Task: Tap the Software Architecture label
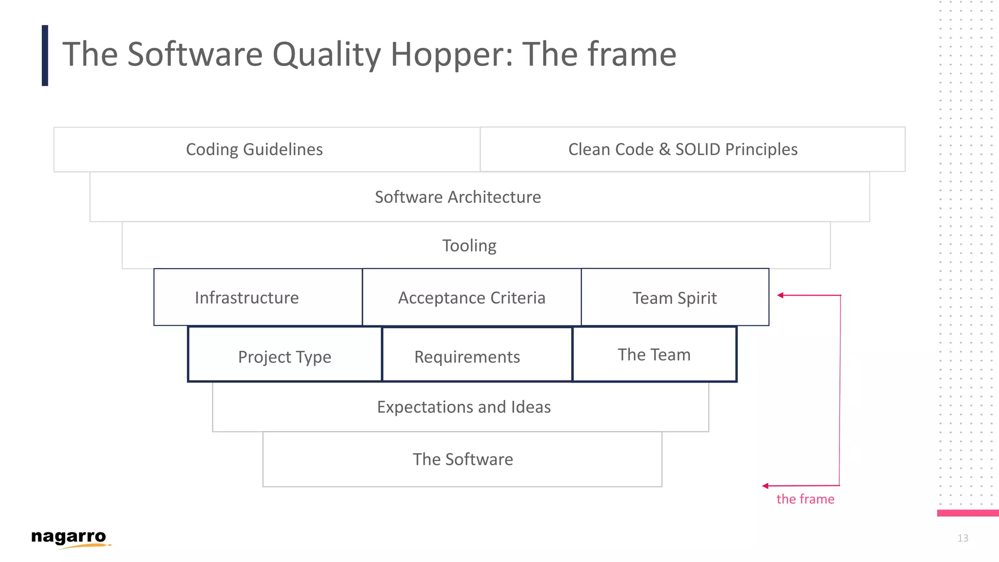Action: [x=458, y=197]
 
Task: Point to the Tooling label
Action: [x=469, y=245]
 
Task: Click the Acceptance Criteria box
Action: [x=472, y=298]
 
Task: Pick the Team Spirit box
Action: [x=675, y=298]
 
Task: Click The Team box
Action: [x=654, y=355]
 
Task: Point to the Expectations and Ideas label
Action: [x=463, y=407]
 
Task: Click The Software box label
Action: [x=462, y=459]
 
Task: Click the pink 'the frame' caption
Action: [x=805, y=499]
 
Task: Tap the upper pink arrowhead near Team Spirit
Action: [x=780, y=295]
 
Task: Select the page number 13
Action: [x=962, y=538]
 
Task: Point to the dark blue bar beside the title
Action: [x=45, y=56]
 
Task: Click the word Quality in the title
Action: [x=326, y=55]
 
